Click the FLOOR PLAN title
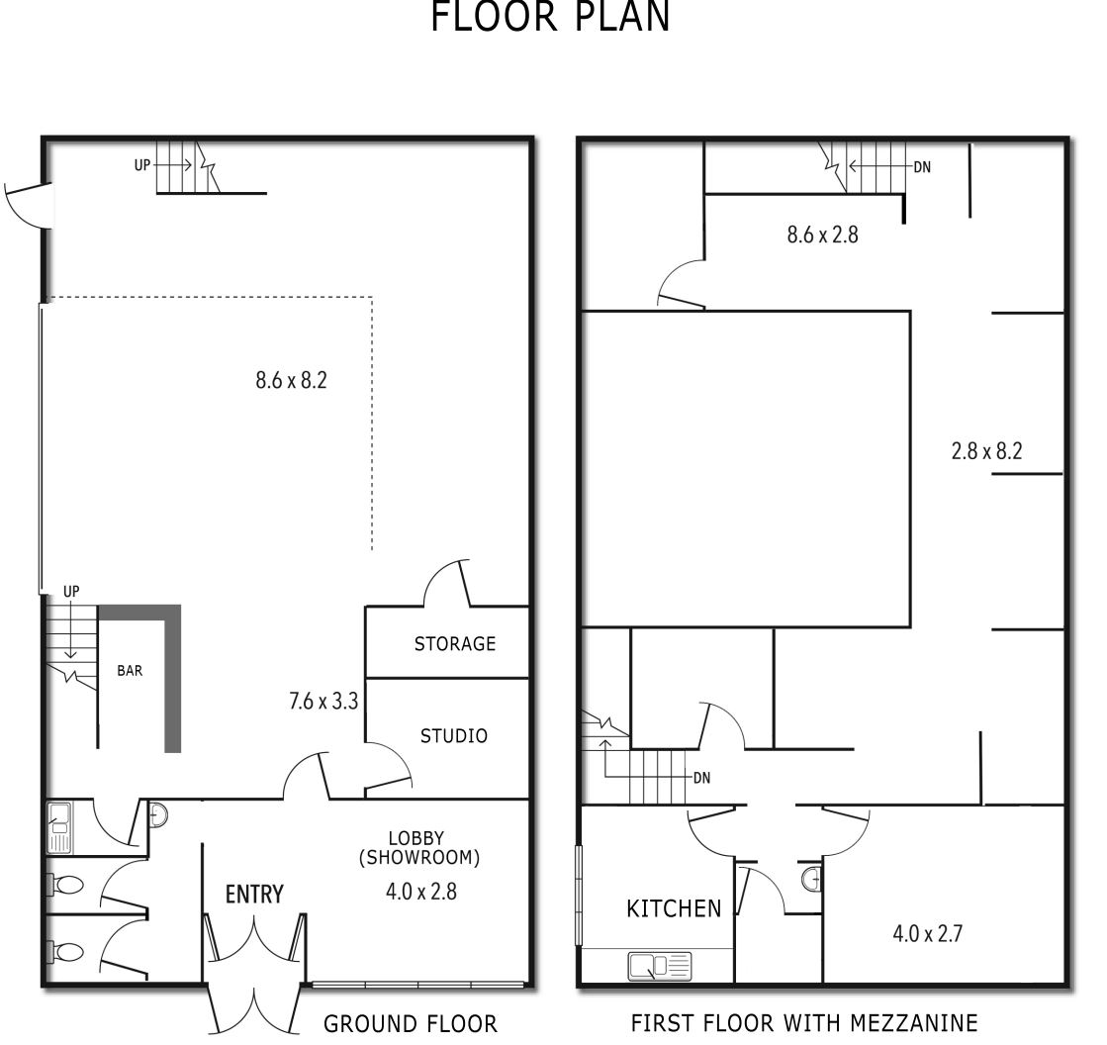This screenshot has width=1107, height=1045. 550,16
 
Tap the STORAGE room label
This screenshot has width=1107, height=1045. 455,644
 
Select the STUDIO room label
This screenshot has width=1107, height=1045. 453,736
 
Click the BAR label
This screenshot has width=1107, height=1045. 130,671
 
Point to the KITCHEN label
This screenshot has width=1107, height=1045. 674,908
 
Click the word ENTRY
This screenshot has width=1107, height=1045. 254,895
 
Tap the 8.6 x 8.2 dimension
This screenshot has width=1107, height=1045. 291,381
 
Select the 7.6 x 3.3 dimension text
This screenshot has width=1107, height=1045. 323,702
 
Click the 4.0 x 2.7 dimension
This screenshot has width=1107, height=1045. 928,934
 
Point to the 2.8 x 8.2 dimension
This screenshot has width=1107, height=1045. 986,451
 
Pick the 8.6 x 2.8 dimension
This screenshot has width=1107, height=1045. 822,235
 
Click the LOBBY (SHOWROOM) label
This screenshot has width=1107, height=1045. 419,848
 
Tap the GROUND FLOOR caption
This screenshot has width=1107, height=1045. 411,1024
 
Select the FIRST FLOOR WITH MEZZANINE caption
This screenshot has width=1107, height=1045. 804,1023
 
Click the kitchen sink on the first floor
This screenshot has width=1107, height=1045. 660,966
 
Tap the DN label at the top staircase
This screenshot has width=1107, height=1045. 922,167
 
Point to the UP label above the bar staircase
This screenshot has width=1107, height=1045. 71,592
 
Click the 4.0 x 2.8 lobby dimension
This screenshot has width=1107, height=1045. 420,892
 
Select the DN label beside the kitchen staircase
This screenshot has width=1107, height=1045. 701,778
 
